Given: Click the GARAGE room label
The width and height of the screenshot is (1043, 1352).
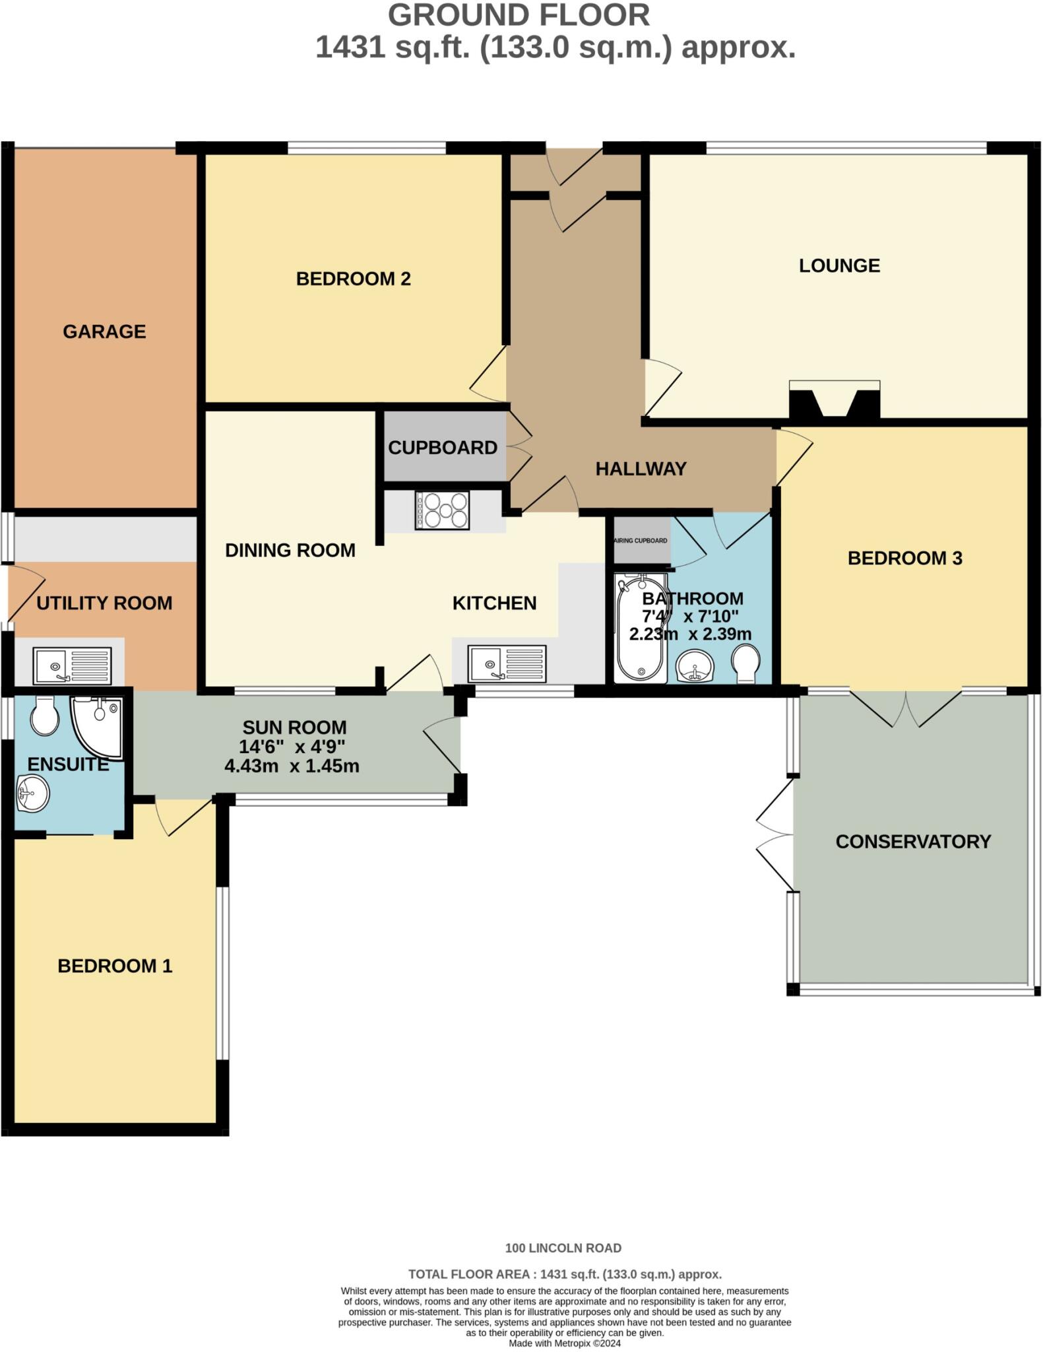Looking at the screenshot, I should pyautogui.click(x=104, y=331).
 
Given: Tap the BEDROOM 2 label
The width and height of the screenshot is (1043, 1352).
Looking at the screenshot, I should pyautogui.click(x=353, y=279).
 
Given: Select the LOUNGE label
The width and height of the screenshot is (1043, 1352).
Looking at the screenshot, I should pyautogui.click(x=839, y=265).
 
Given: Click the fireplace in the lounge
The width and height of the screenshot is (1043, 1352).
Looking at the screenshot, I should pyautogui.click(x=835, y=400).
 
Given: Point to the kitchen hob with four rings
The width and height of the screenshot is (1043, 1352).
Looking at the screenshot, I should pyautogui.click(x=441, y=510).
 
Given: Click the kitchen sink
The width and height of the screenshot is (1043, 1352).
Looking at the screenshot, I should pyautogui.click(x=507, y=663).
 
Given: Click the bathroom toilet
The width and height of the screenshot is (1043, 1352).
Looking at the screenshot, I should pyautogui.click(x=746, y=663).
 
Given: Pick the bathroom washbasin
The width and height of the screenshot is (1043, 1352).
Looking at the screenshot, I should pyautogui.click(x=695, y=665).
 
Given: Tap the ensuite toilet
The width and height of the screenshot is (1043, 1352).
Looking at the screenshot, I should pyautogui.click(x=45, y=716).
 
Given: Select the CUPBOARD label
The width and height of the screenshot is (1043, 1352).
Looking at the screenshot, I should pyautogui.click(x=442, y=448).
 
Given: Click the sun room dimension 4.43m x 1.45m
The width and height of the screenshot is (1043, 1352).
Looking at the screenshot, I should pyautogui.click(x=292, y=766).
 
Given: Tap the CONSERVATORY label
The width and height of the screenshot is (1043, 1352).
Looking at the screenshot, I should pyautogui.click(x=913, y=842).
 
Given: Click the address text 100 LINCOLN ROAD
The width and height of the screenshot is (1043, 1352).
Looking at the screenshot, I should pyautogui.click(x=563, y=1248).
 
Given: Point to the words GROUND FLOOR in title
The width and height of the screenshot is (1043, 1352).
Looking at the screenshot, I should pyautogui.click(x=519, y=15).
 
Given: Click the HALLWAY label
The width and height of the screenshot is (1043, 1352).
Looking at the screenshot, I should pyautogui.click(x=641, y=469).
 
